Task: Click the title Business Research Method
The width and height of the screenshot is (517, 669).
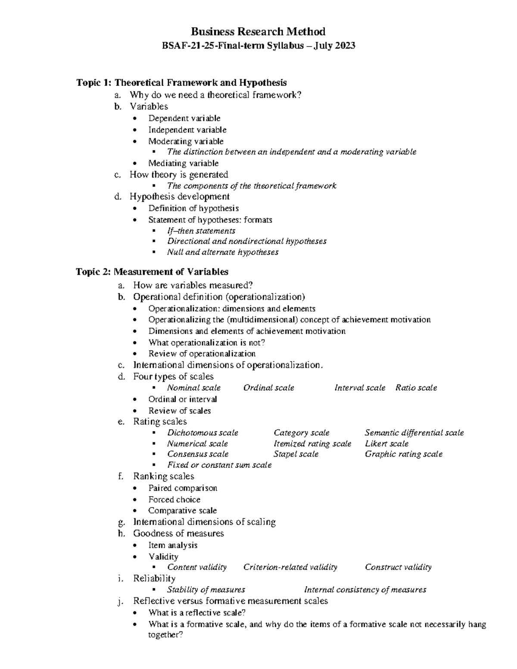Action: pyautogui.click(x=258, y=31)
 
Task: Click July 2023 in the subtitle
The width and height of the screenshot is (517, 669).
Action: pyautogui.click(x=334, y=46)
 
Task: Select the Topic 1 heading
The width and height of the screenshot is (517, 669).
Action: pyautogui.click(x=181, y=82)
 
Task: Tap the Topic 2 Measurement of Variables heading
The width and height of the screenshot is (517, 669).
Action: pyautogui.click(x=152, y=272)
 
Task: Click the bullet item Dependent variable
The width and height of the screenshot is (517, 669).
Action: pyautogui.click(x=184, y=118)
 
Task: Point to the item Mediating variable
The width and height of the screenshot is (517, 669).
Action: pyautogui.click(x=183, y=163)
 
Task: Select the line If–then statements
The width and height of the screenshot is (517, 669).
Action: pyautogui.click(x=201, y=231)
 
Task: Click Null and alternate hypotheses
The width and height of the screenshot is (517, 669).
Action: pyautogui.click(x=223, y=252)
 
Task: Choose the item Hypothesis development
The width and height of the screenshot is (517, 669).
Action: pyautogui.click(x=179, y=197)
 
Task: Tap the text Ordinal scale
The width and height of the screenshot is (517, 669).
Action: pyautogui.click(x=268, y=388)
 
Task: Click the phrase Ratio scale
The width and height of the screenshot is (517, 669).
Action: pyautogui.click(x=416, y=388)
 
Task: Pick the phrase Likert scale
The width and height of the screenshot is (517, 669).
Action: pyautogui.click(x=386, y=444)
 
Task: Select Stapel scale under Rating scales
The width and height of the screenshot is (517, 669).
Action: pyautogui.click(x=296, y=454)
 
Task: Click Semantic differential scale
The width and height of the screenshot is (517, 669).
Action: pyautogui.click(x=414, y=433)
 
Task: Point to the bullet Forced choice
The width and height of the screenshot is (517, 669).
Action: pyautogui.click(x=174, y=500)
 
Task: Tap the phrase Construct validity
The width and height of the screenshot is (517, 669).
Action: pyautogui.click(x=398, y=567)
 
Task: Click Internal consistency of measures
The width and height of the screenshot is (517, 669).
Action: pyautogui.click(x=365, y=590)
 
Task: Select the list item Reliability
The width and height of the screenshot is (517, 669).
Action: pyautogui.click(x=154, y=579)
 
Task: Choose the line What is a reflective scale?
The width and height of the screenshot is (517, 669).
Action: pyautogui.click(x=197, y=613)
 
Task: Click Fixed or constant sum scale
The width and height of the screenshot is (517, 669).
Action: pyautogui.click(x=219, y=465)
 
